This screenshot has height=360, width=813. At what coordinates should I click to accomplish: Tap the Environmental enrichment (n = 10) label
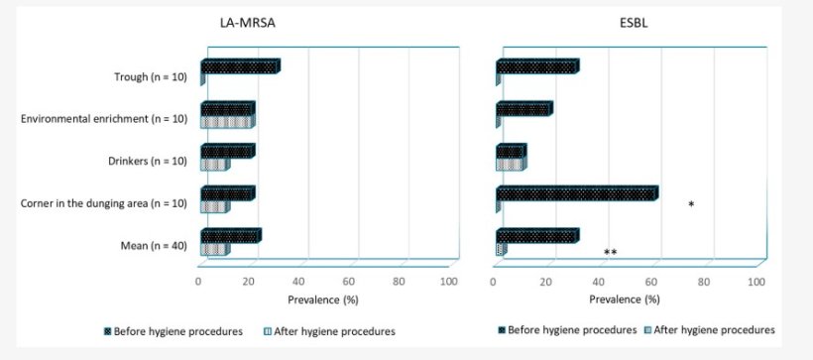pos(106,119)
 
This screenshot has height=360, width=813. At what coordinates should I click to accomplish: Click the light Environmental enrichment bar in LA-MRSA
pos(227,122)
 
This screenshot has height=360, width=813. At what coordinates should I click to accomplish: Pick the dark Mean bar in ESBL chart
pos(536,236)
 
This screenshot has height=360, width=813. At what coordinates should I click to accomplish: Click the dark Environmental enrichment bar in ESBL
pos(523,109)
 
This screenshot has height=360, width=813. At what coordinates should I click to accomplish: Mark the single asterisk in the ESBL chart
pos(690,205)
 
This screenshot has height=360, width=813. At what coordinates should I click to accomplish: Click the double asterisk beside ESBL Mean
pos(611,253)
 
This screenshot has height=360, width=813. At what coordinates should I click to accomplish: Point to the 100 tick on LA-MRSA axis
pos(448,282)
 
